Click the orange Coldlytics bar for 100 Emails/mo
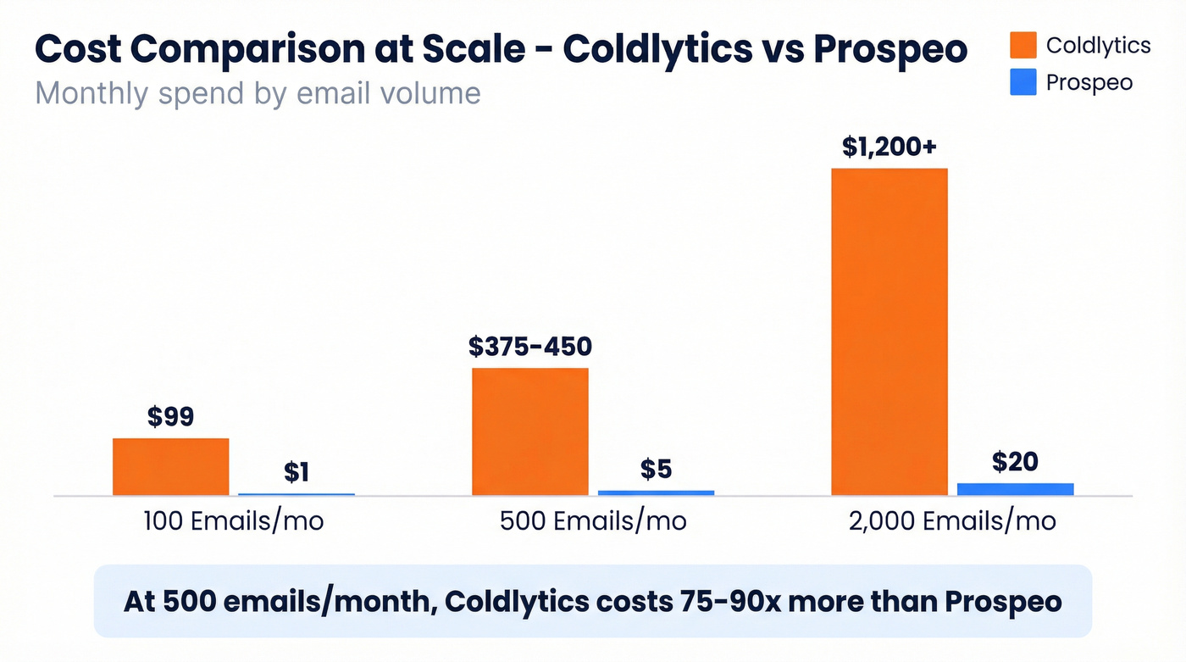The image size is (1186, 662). coord(170,466)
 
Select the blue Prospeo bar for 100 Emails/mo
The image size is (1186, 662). coord(296,493)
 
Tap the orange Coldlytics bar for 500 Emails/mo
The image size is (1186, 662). coord(530,431)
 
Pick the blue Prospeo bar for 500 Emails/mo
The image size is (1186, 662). coord(656,492)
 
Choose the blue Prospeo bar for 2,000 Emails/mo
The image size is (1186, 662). coord(1015,489)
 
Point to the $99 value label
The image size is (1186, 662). coord(170,417)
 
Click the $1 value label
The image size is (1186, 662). coord(296,472)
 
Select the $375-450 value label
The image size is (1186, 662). coord(530,347)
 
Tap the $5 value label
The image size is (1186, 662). coord(656,469)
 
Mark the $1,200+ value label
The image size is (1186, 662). coord(889,147)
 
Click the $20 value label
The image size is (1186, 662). coord(1015,462)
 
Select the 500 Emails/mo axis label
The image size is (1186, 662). coord(593,520)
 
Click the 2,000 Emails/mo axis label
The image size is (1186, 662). coord(952,520)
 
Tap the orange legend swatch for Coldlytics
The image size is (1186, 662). coord(1023,45)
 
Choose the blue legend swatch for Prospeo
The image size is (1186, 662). coord(1023,82)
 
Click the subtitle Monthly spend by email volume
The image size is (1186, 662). coord(258,92)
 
